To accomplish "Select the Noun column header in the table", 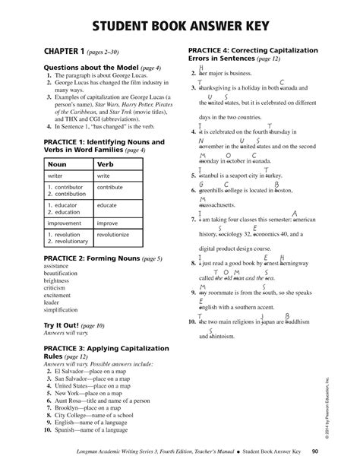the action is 55,163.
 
